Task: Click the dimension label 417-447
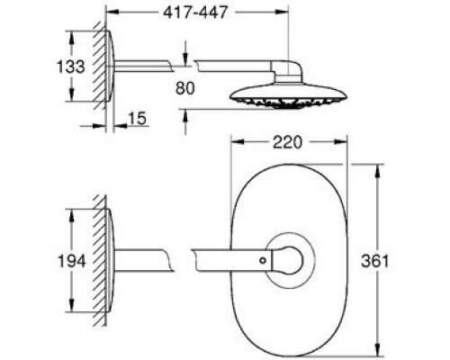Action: [x=195, y=13]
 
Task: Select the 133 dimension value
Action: [x=71, y=67]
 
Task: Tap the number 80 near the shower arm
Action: [x=185, y=88]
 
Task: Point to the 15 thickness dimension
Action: [x=138, y=118]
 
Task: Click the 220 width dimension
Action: [x=287, y=142]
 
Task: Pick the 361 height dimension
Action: [x=375, y=261]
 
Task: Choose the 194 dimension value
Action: [x=72, y=261]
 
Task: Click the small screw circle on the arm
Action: [x=263, y=260]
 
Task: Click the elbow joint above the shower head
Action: [x=287, y=71]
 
